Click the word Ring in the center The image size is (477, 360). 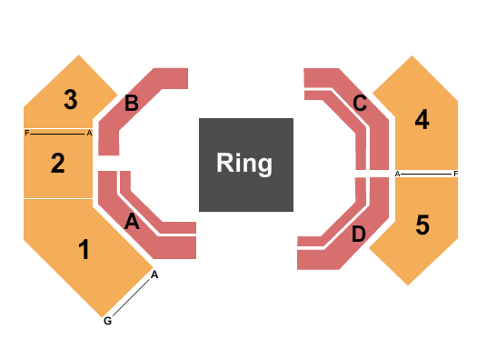click(244, 164)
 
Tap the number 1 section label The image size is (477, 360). click(84, 250)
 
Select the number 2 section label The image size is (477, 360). click(58, 164)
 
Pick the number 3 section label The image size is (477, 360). click(70, 100)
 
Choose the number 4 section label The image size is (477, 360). click(422, 119)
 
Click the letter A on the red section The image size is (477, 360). click(132, 221)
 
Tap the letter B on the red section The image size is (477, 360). click(132, 104)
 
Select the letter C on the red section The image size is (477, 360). click(360, 104)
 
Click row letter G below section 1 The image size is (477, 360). click(107, 321)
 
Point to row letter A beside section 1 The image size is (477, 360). click(155, 275)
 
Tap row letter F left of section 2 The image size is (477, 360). click(27, 133)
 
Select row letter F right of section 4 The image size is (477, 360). click(456, 173)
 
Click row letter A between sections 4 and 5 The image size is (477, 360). click(398, 173)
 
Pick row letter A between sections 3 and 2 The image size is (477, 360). click(89, 133)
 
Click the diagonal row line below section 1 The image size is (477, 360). click(132, 297)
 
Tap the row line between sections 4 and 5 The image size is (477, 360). click(427, 173)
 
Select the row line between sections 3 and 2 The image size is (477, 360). click(58, 133)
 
